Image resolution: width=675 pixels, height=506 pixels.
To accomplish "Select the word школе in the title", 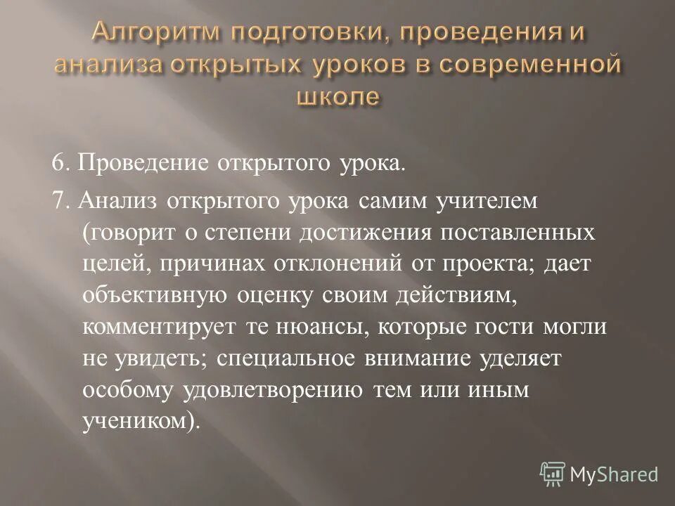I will (337, 96).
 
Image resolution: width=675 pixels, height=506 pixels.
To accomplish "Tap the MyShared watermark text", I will (615, 474).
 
